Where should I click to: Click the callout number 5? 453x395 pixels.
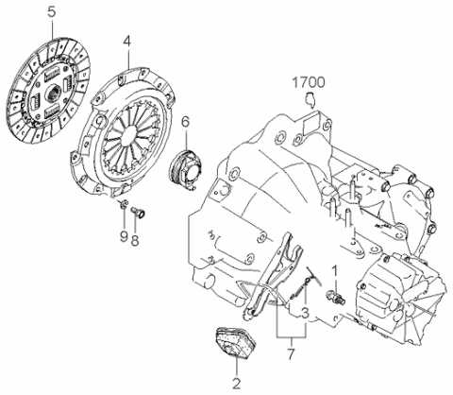pos(52,12)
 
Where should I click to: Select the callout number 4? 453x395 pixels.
pos(127,41)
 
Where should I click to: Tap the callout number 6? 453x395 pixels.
pos(186,122)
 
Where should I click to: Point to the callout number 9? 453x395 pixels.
pos(124,236)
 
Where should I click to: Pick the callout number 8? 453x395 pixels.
pos(135,241)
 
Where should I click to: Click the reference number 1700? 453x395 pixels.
pos(309,82)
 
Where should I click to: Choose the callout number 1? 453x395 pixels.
pos(335,271)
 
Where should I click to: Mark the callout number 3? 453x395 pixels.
pos(305,313)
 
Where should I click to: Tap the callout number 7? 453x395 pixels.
pos(291,353)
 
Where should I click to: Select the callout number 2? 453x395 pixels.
pos(236,384)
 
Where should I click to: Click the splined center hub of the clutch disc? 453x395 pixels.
pos(53,93)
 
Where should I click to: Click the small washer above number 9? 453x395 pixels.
pos(124,204)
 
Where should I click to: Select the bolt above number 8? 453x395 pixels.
pos(138,212)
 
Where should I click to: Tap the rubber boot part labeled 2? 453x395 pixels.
pos(235,343)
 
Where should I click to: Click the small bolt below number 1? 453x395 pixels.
pos(336,298)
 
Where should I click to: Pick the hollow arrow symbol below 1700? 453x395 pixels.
pos(310,100)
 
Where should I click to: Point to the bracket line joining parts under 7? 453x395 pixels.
pos(292,336)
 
